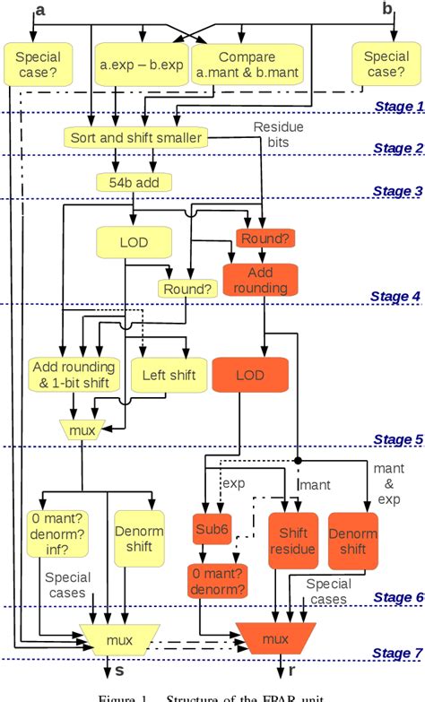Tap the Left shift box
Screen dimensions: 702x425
pyautogui.click(x=168, y=375)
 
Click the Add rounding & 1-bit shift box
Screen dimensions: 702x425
pyautogui.click(x=73, y=375)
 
